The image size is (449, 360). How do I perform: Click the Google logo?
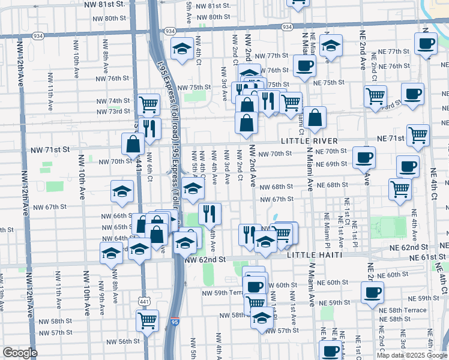pyautogui.click(x=20, y=353)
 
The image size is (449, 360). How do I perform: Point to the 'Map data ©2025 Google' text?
pyautogui.click(x=412, y=355)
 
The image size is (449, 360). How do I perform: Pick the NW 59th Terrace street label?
pyautogui.click(x=225, y=293)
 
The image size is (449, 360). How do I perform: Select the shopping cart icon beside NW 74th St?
pyautogui.click(x=148, y=104)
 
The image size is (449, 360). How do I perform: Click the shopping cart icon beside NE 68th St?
pyautogui.click(x=400, y=188)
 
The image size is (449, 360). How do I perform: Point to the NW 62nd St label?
pyautogui.click(x=205, y=260)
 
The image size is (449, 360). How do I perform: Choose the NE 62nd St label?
pyautogui.click(x=411, y=247)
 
